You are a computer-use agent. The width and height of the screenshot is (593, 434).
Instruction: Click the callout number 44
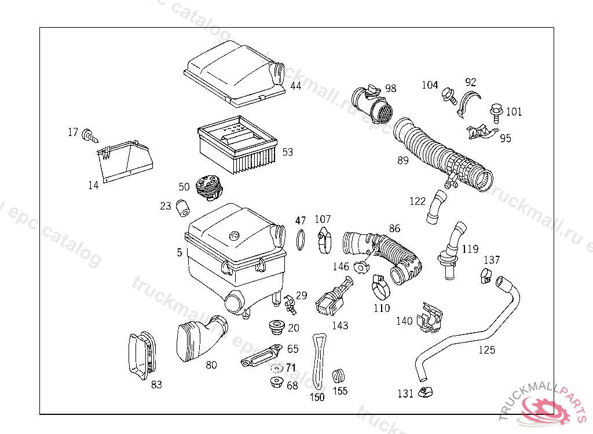pos(296,86)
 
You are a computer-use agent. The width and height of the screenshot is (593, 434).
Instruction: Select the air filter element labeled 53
pos(237,145)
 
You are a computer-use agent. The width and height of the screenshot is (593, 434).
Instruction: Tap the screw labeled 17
pos(90,136)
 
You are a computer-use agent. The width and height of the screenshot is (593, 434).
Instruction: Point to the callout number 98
pos(391,88)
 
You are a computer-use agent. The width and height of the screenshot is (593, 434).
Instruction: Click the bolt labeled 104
pos(449,95)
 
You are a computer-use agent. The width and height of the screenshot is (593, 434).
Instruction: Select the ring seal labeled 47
pos(301,240)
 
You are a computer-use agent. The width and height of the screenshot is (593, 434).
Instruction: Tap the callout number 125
pos(486,350)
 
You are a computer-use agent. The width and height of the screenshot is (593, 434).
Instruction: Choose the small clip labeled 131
pos(426,392)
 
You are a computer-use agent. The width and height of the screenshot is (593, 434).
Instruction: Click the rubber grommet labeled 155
pos(338,376)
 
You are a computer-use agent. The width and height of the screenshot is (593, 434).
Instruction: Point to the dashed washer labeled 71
pos(277,368)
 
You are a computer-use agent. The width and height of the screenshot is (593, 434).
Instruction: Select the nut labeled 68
pos(277,382)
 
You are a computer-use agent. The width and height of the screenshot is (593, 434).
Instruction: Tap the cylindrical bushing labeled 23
pos(184,208)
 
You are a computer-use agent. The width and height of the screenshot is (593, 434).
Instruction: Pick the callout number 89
pos(403,160)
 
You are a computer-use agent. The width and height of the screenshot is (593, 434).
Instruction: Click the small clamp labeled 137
pos(486,275)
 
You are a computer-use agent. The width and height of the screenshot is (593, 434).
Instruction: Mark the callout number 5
pos(180,252)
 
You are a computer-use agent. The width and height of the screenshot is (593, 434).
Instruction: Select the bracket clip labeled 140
pos(430,318)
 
